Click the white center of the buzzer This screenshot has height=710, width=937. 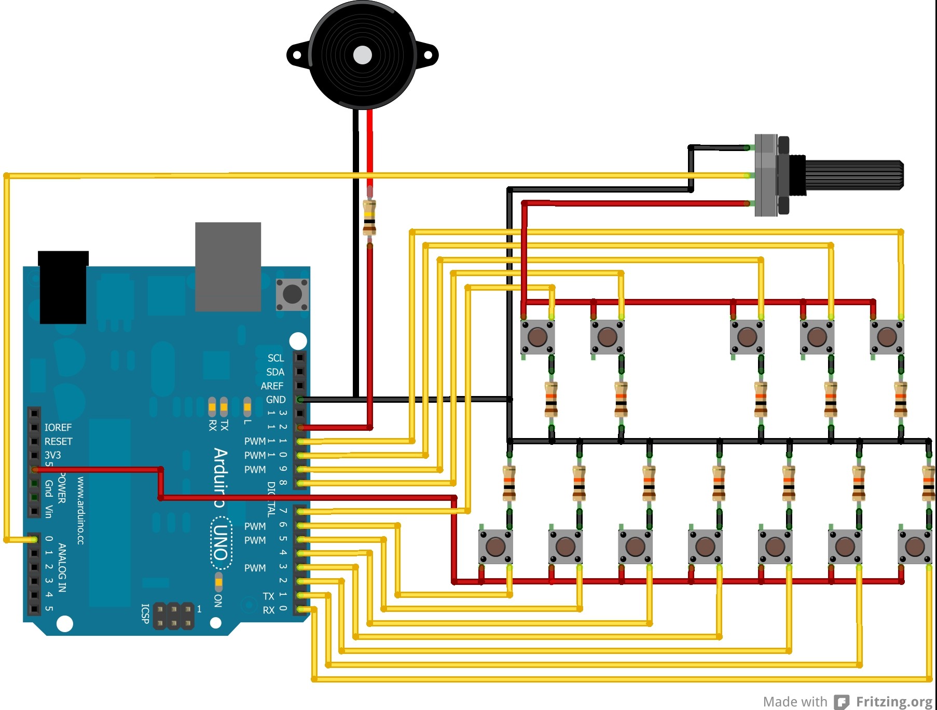tap(363, 55)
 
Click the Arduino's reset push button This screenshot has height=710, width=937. tap(292, 294)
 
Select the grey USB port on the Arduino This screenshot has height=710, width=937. tap(228, 267)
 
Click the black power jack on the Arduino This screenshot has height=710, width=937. tap(63, 288)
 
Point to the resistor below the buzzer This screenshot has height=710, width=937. tap(369, 217)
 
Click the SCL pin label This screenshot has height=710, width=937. tap(275, 358)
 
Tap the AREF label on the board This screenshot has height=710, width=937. tap(272, 386)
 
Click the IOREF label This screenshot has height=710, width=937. tap(58, 428)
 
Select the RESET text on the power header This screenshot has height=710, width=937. tap(59, 442)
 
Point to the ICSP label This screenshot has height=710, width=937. tap(146, 613)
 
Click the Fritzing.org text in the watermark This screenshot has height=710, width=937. tap(893, 702)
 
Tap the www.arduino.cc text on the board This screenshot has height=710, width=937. tap(80, 511)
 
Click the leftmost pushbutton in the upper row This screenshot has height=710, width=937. tap(538, 337)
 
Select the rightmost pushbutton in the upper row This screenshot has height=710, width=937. tap(887, 337)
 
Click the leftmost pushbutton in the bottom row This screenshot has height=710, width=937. tap(495, 547)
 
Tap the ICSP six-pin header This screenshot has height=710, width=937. tap(174, 616)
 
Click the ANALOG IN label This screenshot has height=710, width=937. tap(62, 567)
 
